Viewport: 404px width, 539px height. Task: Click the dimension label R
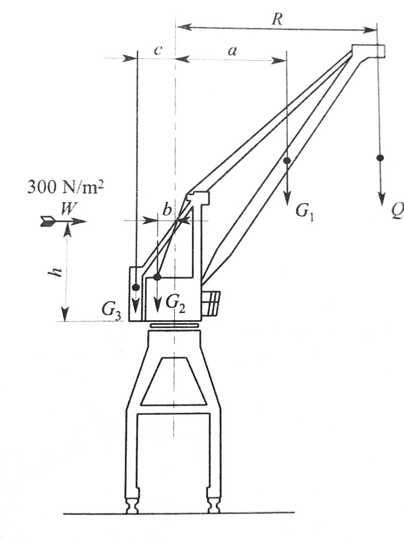(x=277, y=19)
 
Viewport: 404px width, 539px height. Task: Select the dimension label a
(x=233, y=51)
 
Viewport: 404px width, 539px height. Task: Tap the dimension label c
(x=158, y=50)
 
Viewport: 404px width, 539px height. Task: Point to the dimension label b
(x=167, y=209)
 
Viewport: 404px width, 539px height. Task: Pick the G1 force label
(x=305, y=212)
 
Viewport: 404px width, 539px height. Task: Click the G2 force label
(x=175, y=304)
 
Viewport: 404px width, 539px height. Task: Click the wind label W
(x=69, y=208)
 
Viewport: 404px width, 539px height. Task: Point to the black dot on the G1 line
(x=287, y=160)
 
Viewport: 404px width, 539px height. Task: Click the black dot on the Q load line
(x=380, y=158)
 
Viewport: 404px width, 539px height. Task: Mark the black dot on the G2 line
(x=157, y=277)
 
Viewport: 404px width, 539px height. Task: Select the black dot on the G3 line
(x=136, y=287)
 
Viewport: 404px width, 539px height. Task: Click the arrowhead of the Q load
(x=381, y=199)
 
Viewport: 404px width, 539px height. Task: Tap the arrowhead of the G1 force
(x=288, y=199)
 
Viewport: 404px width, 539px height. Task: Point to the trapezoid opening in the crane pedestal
(x=174, y=381)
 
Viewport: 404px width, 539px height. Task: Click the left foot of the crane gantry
(x=132, y=504)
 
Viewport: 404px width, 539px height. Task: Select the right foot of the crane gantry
(x=214, y=504)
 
